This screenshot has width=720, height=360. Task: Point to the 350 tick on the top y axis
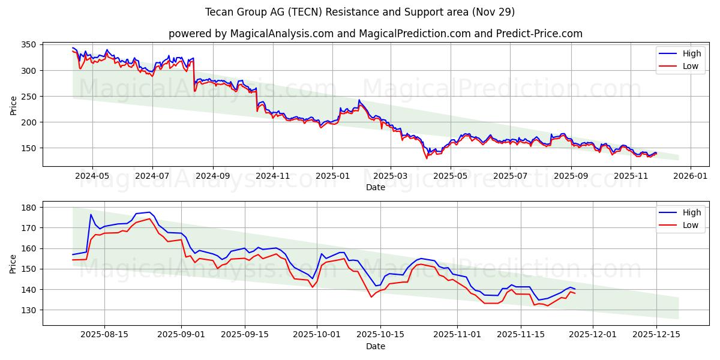(29, 45)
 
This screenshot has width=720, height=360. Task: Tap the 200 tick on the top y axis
(29, 122)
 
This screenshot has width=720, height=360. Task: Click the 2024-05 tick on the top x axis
(92, 176)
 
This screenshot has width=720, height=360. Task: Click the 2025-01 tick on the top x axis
(332, 176)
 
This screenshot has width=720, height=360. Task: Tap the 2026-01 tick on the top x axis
(690, 176)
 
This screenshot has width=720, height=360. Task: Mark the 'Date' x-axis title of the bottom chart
(376, 346)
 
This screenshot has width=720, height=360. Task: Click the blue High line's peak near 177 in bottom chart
(149, 212)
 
